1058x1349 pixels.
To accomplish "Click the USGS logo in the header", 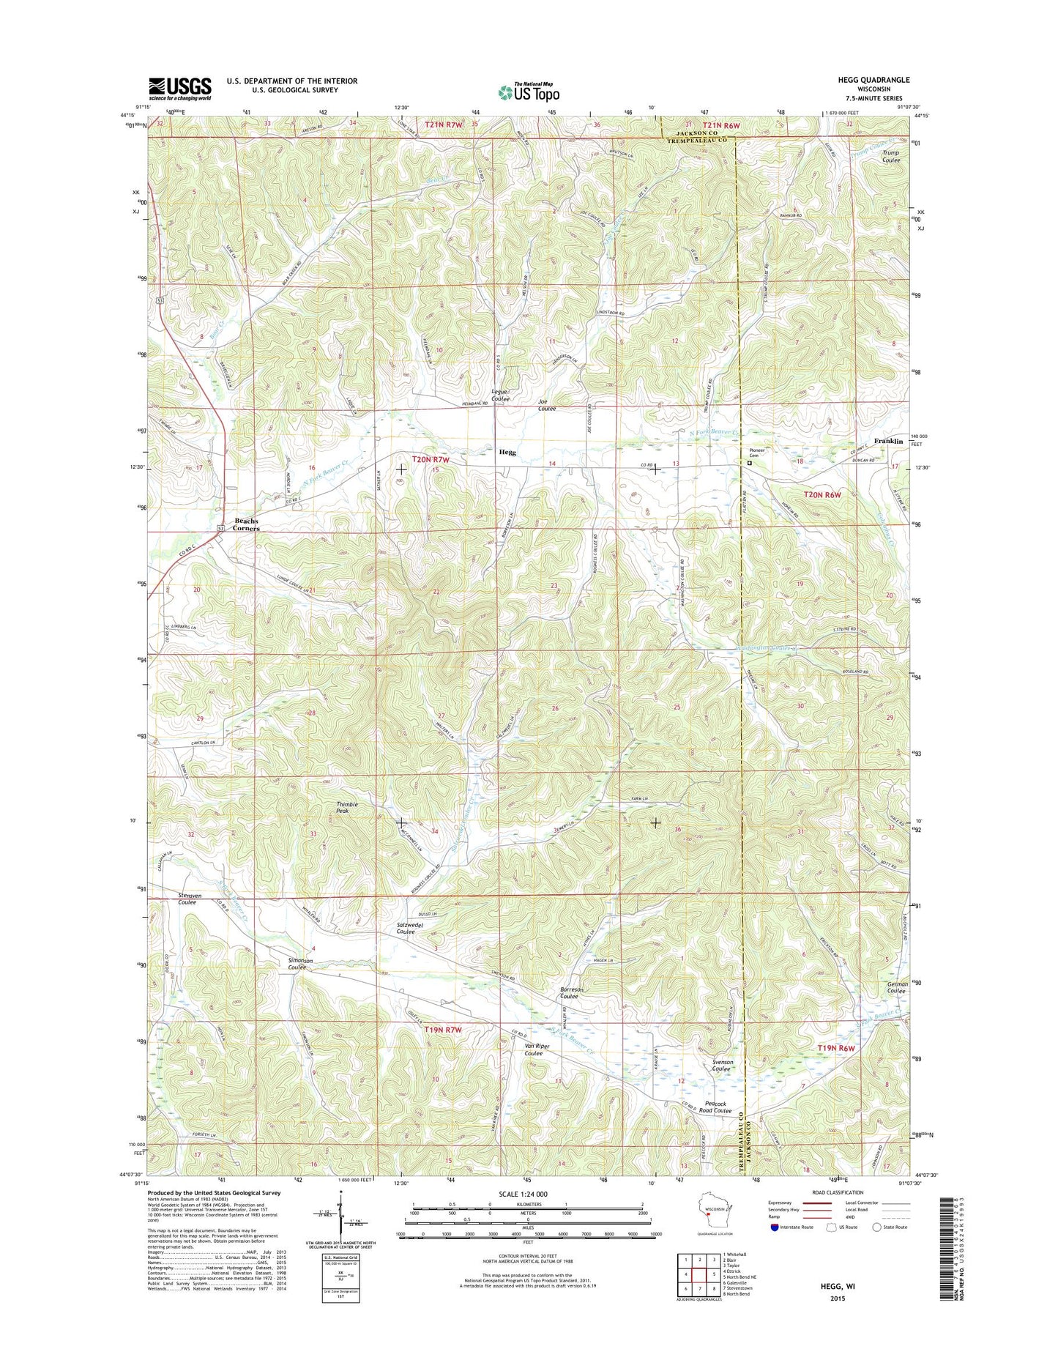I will click(180, 89).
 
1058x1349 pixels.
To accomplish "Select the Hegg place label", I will click(507, 452).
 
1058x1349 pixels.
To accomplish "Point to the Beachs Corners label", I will click(246, 524).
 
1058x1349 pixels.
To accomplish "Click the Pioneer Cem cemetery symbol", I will click(749, 463).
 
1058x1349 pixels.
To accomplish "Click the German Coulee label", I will click(897, 987).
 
